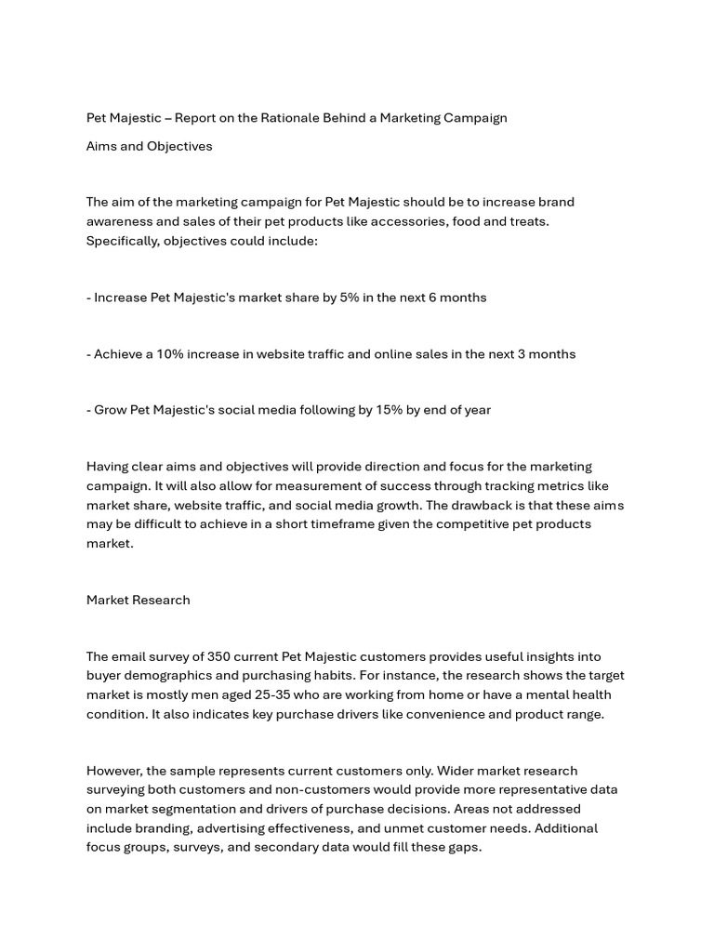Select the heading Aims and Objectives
[149, 146]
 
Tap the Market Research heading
[138, 600]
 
